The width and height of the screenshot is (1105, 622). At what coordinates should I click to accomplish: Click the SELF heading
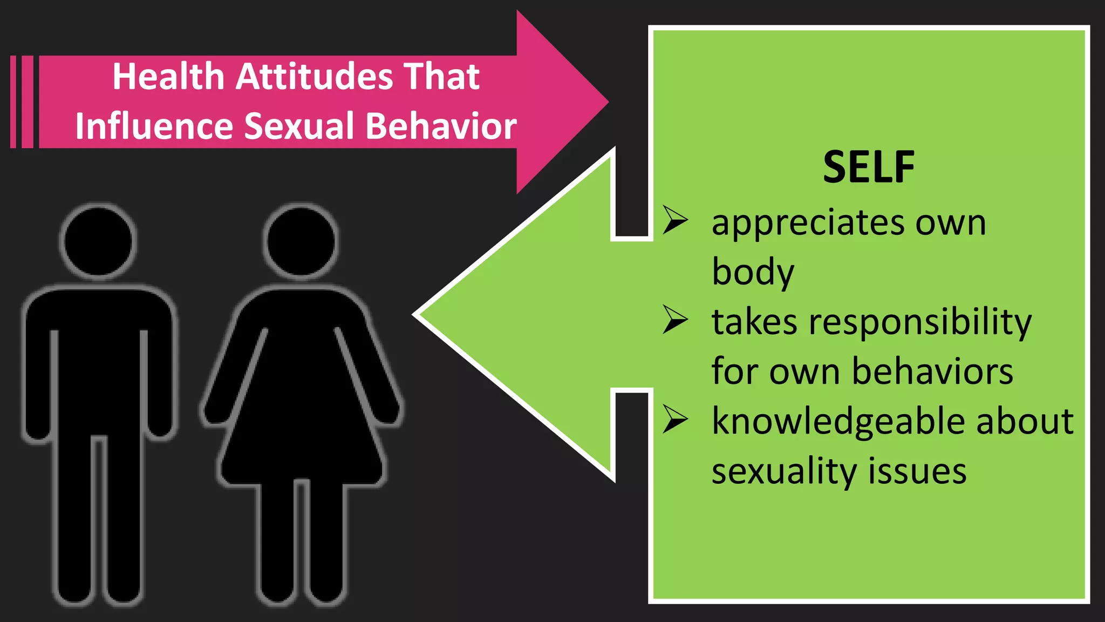pos(868,167)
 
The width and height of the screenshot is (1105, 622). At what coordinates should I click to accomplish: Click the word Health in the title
pos(168,76)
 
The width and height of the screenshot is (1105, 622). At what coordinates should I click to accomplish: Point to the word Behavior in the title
pos(441,126)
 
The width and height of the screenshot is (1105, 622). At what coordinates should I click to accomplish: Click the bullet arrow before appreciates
pos(675,220)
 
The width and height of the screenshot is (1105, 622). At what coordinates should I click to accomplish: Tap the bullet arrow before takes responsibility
pos(675,320)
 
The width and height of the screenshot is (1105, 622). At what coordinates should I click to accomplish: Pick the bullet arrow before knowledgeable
pos(675,419)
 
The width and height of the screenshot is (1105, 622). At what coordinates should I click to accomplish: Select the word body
pos(753,272)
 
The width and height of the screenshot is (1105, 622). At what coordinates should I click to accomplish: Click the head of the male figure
pos(98,241)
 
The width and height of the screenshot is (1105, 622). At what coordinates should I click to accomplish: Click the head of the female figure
pos(301,241)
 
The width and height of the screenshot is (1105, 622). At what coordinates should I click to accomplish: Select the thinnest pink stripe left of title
pos(13,102)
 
